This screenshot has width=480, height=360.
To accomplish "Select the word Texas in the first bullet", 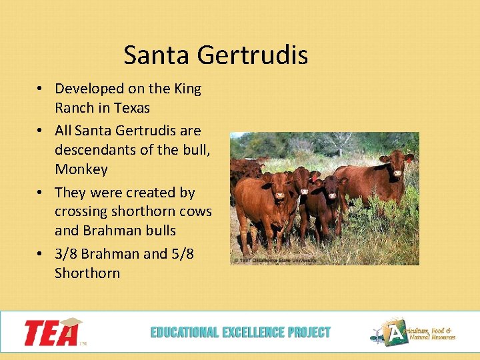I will click(x=131, y=107).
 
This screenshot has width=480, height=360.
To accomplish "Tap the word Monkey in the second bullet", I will click(x=81, y=169).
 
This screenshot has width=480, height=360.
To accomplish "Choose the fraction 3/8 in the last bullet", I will click(x=67, y=254).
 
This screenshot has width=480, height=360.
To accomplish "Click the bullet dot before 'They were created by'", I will click(x=41, y=193).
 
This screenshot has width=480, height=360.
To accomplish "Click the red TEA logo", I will click(x=53, y=332).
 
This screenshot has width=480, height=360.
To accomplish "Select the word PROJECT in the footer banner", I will click(x=307, y=332).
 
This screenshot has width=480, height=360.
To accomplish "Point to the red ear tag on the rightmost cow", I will click(x=408, y=159).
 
